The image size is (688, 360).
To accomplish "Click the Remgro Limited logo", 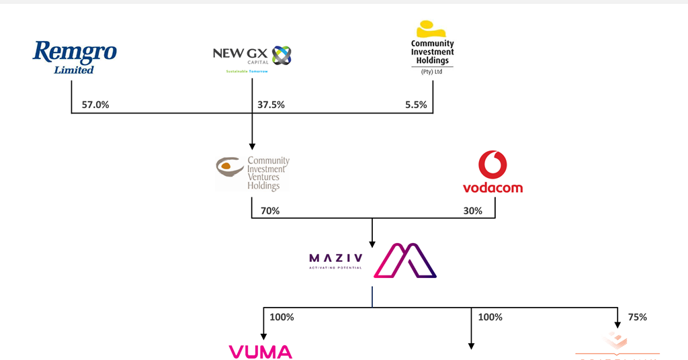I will pos(75,56).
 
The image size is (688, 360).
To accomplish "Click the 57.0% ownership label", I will pos(95,105).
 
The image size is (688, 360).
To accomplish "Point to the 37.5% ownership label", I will pos(271,105).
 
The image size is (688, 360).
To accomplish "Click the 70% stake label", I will pos(270,211).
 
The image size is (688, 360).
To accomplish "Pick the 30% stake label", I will pos(472,211).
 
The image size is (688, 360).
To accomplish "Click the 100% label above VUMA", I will pos(282,317).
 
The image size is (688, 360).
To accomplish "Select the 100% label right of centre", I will pos(490,317).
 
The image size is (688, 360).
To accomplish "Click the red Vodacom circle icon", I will pos(492,165).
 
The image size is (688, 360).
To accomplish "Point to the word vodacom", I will pos(492,187).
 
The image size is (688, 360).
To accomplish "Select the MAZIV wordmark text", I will pos(335,258).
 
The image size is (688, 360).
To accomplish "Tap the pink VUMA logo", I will pos(261,352).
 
